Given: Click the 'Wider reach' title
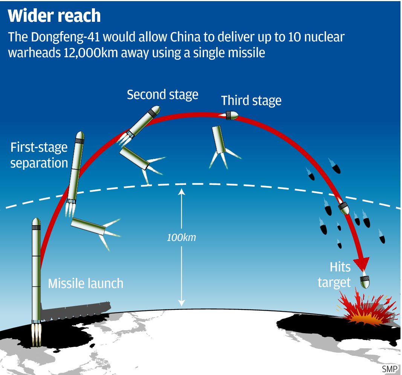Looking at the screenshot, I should [55, 16].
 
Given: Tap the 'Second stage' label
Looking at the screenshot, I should [162, 95].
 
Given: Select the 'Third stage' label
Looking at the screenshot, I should [251, 101].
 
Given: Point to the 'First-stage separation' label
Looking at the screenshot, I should [39, 155].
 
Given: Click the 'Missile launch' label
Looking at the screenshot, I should [86, 283].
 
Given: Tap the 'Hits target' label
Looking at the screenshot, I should [335, 274].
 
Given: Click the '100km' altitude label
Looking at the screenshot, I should [182, 238].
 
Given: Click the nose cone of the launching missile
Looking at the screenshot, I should [36, 223].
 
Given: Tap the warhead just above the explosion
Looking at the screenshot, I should [365, 281].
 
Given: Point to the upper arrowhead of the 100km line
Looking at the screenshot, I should [182, 191].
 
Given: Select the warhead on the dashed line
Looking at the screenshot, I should [344, 207].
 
